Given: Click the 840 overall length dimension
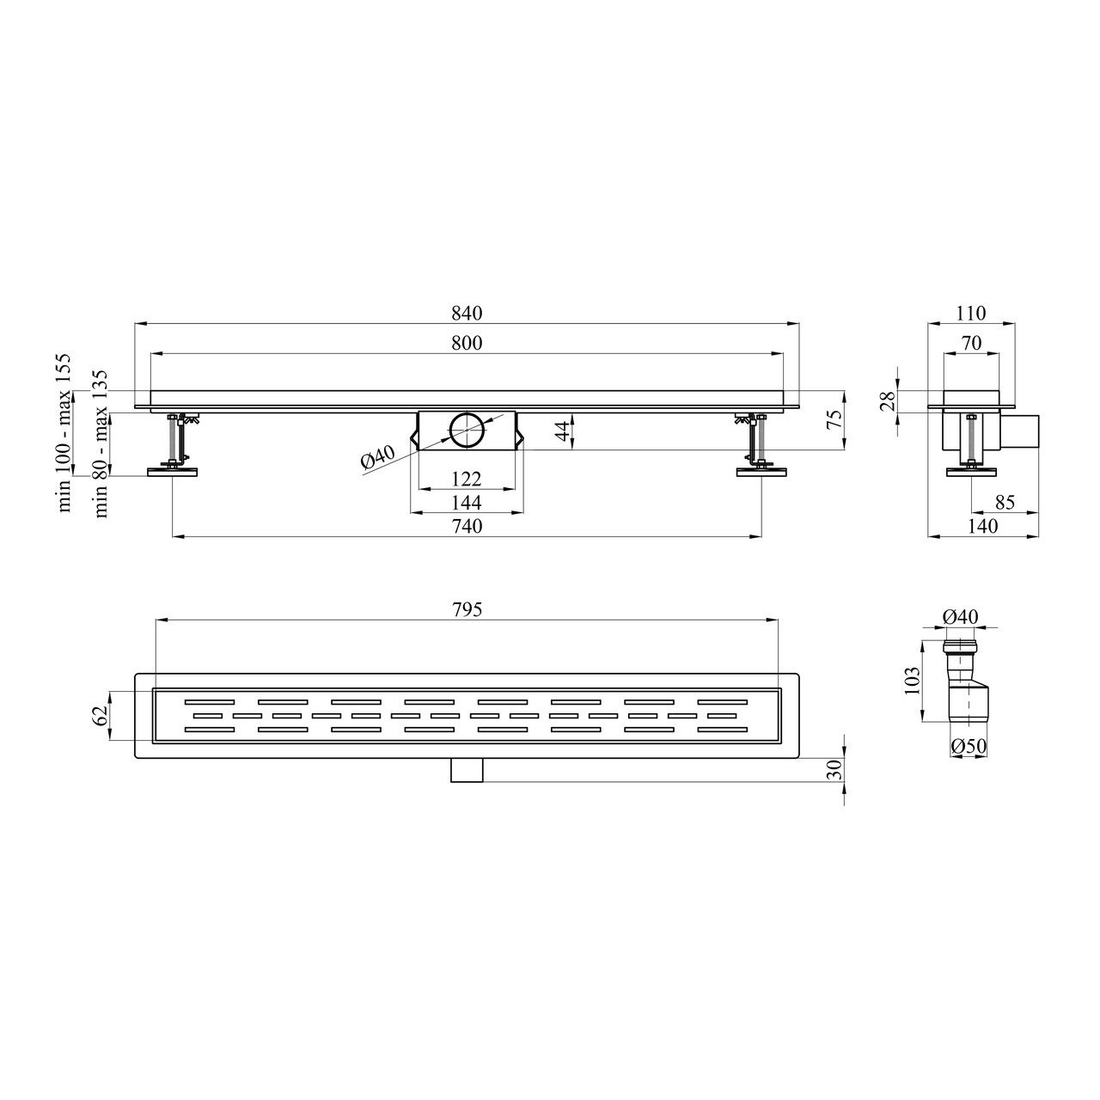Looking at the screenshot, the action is tap(467, 313).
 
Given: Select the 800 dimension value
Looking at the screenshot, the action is tap(467, 343).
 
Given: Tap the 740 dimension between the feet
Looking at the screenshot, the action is tap(467, 526).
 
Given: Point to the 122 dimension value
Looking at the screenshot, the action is tap(467, 479).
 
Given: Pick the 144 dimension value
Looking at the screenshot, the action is tap(467, 503).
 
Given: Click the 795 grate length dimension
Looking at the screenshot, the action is tap(467, 609).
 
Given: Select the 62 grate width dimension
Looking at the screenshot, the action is tap(101, 715).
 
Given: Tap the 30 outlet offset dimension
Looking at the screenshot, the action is tap(834, 769).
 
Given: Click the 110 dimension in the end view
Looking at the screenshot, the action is tap(971, 313).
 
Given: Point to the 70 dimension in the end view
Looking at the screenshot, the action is tap(971, 343).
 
